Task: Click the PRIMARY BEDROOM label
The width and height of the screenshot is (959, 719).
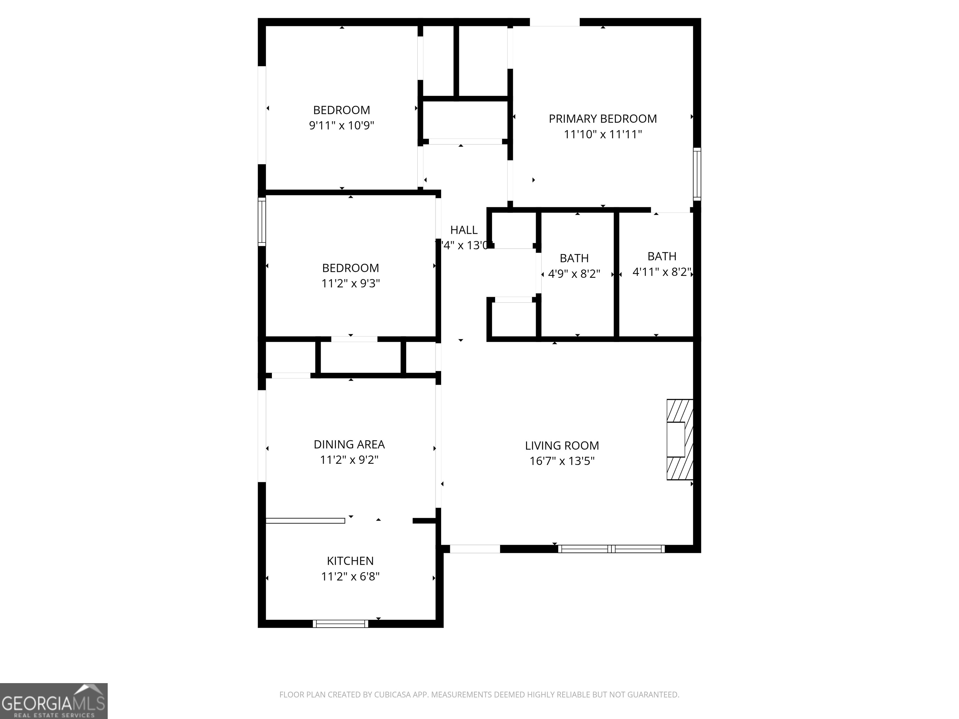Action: tap(602, 119)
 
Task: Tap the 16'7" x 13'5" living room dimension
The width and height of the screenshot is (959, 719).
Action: tap(562, 461)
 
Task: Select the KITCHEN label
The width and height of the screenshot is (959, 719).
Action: tap(350, 561)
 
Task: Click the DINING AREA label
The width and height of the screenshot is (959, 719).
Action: tap(349, 444)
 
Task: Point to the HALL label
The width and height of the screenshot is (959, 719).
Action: tap(464, 230)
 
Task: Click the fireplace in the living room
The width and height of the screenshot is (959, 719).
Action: tap(679, 439)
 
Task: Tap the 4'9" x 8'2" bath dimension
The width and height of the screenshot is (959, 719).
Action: tap(574, 274)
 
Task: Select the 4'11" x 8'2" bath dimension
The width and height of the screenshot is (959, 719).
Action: tap(661, 272)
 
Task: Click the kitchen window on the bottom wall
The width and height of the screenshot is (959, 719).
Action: tap(340, 624)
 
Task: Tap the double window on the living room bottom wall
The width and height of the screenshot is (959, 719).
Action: tap(611, 549)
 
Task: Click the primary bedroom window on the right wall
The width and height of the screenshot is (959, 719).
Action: tap(697, 174)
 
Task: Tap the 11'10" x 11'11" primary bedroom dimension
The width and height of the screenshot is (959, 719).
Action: tap(602, 135)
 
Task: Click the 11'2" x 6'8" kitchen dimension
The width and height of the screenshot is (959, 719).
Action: tap(350, 576)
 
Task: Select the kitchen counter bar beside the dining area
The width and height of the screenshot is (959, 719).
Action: tap(305, 521)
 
